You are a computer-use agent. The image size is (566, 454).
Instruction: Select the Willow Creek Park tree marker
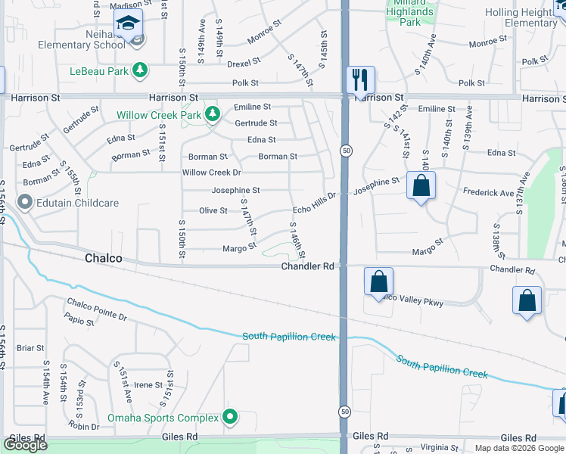click(213, 114)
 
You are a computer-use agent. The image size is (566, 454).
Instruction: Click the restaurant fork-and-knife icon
click(360, 79)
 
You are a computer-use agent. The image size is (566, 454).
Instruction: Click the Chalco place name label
click(103, 259)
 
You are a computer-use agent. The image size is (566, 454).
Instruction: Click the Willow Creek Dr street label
click(212, 173)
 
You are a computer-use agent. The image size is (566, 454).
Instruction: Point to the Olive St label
click(213, 210)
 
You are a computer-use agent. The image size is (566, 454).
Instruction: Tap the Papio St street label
click(79, 322)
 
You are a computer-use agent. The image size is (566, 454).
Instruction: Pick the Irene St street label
click(148, 385)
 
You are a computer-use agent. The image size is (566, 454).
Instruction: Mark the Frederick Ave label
click(490, 194)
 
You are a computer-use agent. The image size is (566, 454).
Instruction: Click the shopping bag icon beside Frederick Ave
click(421, 185)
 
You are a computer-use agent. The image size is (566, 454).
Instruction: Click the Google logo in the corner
click(25, 445)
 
